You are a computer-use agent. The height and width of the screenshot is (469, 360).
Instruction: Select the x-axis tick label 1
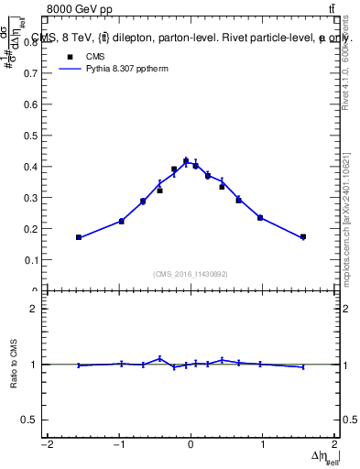(x=263, y=444)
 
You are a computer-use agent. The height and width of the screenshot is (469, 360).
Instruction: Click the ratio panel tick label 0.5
(x=30, y=420)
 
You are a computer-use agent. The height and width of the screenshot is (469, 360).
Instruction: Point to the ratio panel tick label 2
(x=34, y=310)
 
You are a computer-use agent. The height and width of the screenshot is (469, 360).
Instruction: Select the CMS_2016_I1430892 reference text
(x=191, y=274)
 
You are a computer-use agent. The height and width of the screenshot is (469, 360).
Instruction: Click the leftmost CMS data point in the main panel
(x=79, y=237)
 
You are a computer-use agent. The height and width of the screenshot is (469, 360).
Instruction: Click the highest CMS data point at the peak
(x=186, y=161)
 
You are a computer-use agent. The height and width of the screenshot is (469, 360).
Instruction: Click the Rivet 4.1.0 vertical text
(x=345, y=73)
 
